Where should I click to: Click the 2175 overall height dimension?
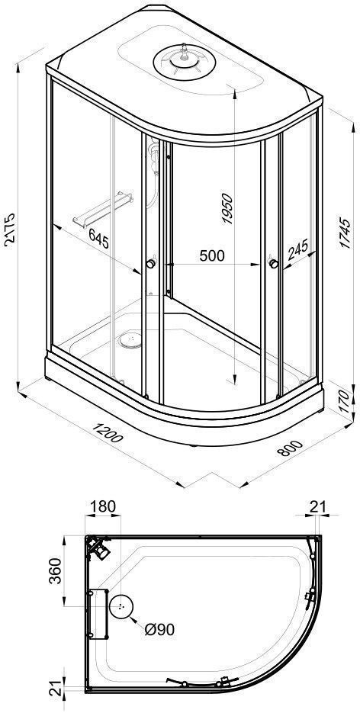click(9, 230)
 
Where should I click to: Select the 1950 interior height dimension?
click(227, 209)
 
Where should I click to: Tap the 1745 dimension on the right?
click(346, 233)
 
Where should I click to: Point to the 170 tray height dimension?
click(346, 400)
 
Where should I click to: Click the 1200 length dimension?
click(108, 432)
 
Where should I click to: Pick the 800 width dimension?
click(289, 448)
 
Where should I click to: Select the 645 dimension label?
click(98, 239)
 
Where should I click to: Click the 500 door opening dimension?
click(212, 255)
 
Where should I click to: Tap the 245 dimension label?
click(297, 249)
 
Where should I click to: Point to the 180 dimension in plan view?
click(102, 506)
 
